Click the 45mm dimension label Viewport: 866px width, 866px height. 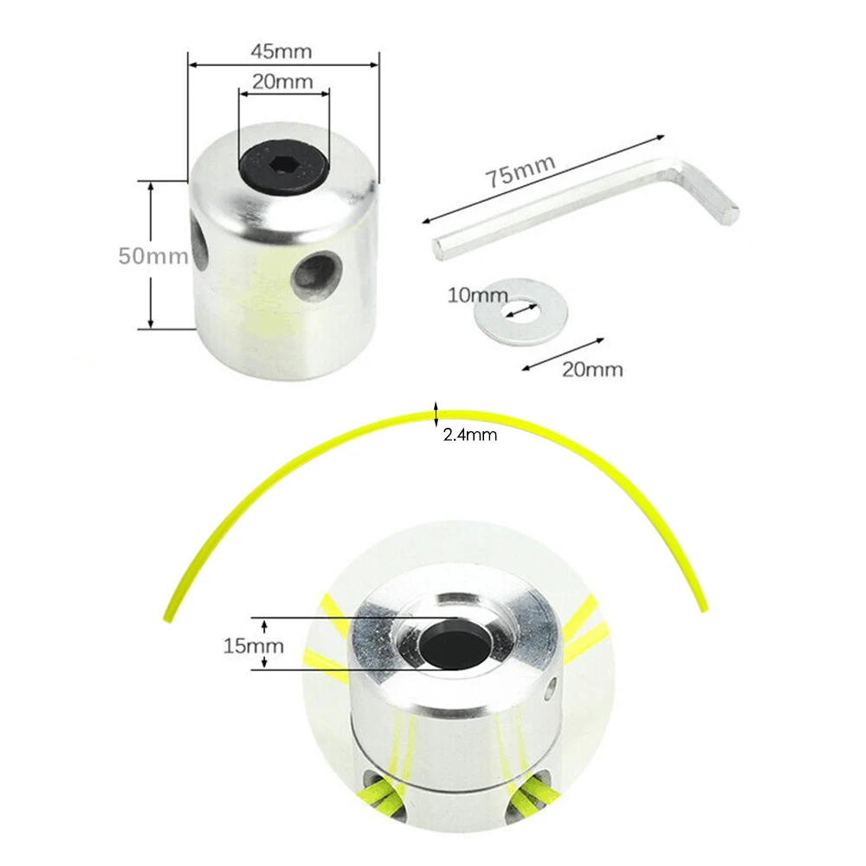281,51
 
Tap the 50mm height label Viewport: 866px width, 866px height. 153,256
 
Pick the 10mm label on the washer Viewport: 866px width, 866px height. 477,295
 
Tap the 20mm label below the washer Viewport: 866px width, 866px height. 593,369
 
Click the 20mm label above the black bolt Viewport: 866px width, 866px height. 282,82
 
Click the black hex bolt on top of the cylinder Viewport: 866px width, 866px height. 283,163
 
